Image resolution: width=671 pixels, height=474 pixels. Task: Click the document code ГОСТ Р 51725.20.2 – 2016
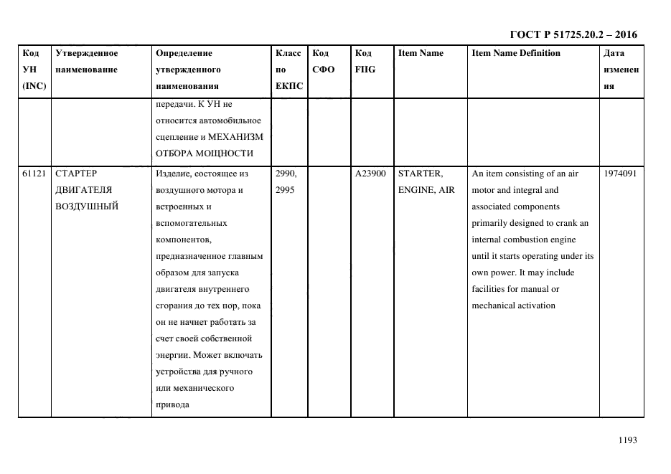573,34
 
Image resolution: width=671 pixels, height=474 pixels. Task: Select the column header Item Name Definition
516,53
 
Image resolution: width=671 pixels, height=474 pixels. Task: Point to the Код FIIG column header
365,61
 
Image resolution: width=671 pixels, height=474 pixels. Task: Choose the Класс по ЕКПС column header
289,70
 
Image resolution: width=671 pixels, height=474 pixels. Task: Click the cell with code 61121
33,174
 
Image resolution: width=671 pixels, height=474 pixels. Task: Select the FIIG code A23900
371,174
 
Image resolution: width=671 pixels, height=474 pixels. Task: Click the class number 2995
285,190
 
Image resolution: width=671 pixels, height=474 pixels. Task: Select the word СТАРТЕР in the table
76,174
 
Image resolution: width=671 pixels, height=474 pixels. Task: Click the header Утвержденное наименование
86,61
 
